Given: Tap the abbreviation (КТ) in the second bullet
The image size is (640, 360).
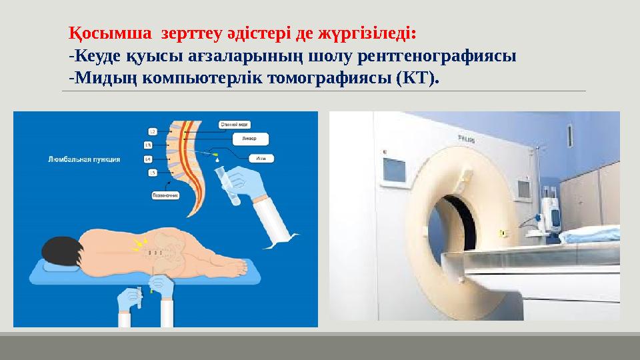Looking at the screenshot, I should (417, 79).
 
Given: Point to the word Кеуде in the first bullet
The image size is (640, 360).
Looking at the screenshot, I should (97, 56).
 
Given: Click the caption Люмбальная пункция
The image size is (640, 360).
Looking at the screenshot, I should (84, 159).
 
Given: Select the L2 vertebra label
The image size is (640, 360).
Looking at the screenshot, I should (152, 131).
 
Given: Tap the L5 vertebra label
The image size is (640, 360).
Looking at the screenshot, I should (152, 173).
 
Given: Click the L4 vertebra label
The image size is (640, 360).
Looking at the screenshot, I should (148, 159).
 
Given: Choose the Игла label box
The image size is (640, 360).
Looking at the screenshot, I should (259, 159).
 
